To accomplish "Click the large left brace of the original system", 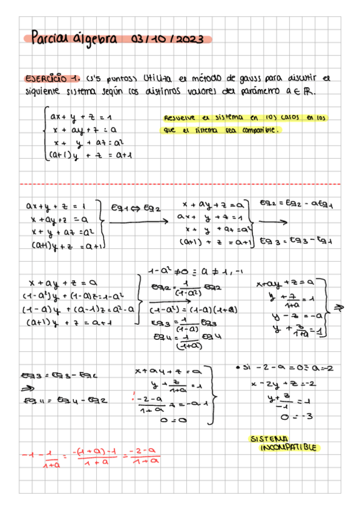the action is (x=45, y=134).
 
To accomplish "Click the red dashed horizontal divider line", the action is (x=180, y=184).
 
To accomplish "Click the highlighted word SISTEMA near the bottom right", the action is (x=268, y=438).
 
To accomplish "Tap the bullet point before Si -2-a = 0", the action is (x=239, y=367).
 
